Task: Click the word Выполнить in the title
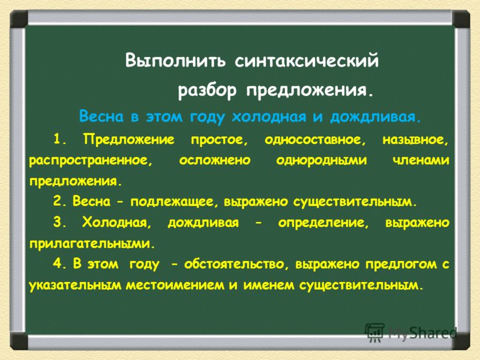coord(175,61)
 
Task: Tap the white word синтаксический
coord(307,61)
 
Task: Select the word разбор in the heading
coord(207,91)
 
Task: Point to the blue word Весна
coord(101,116)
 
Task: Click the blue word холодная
coord(269,116)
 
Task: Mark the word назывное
coord(416,140)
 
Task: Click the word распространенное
coord(91,161)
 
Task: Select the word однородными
coord(322,160)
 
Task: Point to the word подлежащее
coord(175,202)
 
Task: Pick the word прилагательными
coord(92,244)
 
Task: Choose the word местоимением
coord(175,285)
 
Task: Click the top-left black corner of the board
coord(19,19)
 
